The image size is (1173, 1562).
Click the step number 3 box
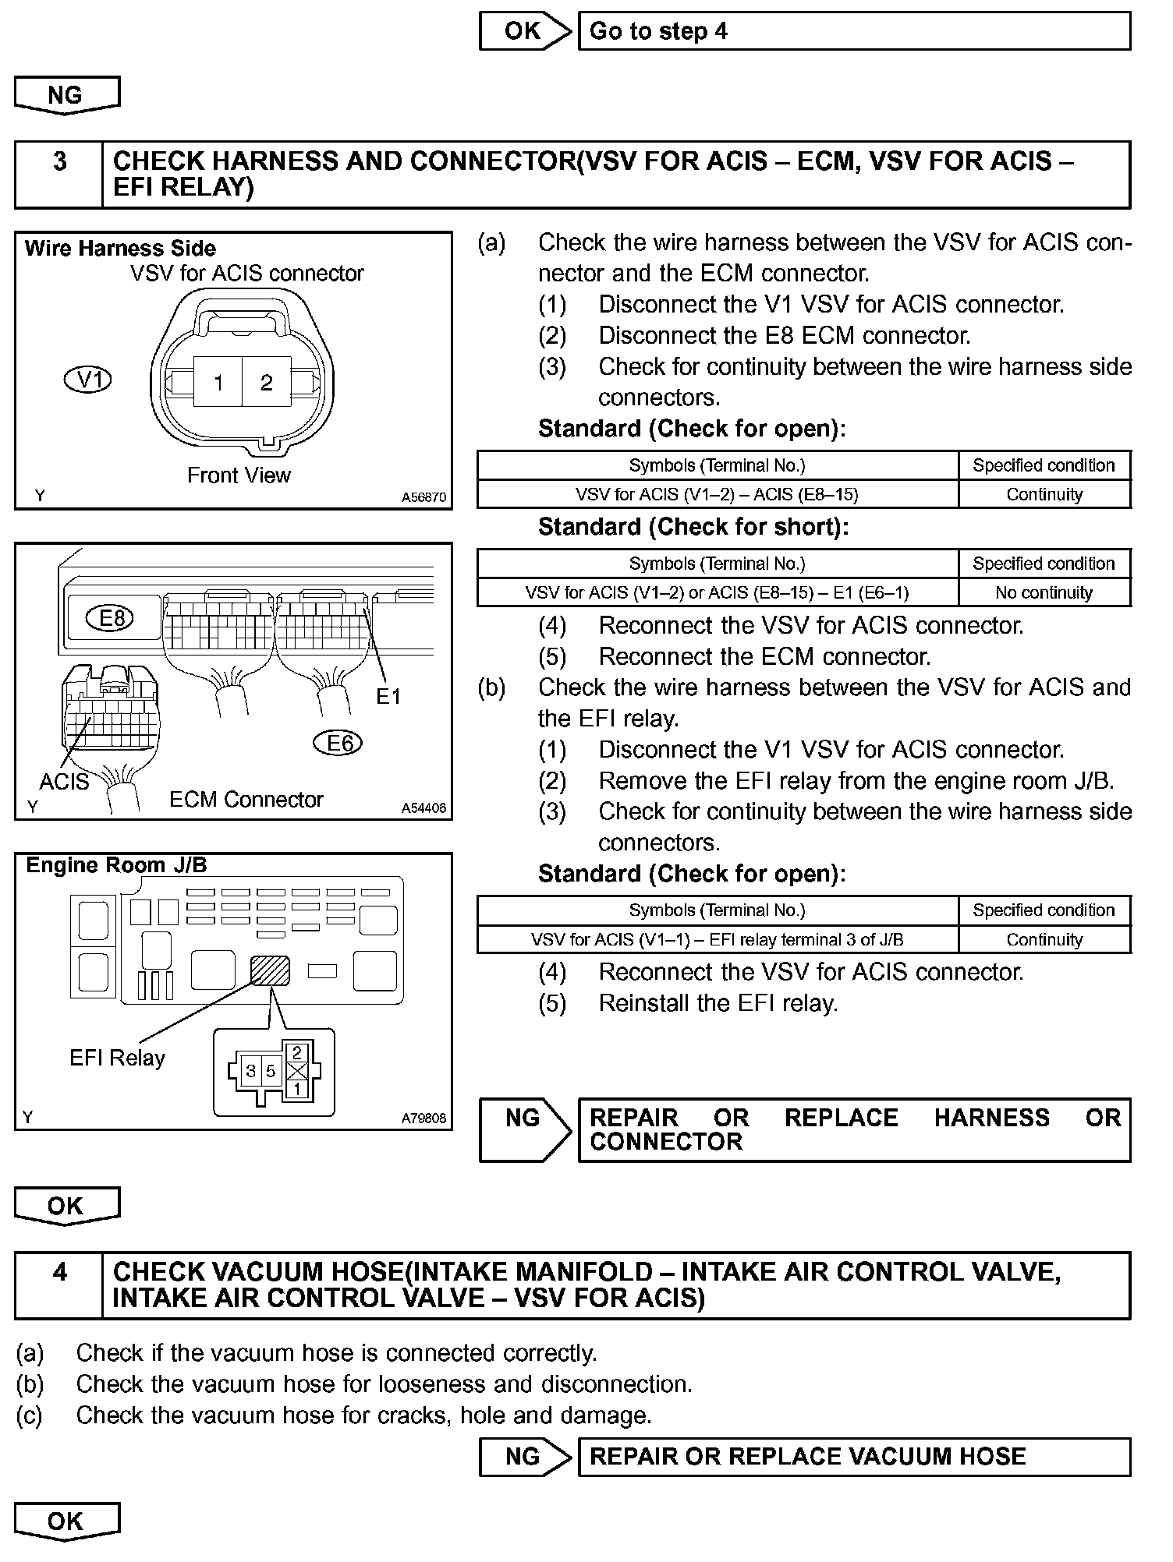pos(59,175)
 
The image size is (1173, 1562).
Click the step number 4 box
pos(59,1285)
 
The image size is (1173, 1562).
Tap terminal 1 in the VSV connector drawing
pos(218,382)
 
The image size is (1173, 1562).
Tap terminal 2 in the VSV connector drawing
pos(267,382)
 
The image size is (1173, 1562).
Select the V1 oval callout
pos(87,380)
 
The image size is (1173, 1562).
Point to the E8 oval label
pos(112,618)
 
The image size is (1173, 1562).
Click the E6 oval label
pos(339,743)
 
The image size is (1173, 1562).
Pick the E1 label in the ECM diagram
pos(388,696)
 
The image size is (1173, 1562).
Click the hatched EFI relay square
pos(270,970)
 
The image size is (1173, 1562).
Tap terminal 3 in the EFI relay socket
pos(251,1070)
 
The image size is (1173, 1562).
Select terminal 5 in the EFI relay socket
pos(270,1070)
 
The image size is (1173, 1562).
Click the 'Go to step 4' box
pos(853,31)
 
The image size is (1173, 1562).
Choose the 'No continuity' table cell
pos(1044,592)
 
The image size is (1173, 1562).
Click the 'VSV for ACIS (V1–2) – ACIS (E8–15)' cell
pos(717,494)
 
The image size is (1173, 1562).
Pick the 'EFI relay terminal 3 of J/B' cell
pos(717,939)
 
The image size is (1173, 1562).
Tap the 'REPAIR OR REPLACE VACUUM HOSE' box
pos(853,1457)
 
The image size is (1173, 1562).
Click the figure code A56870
pos(424,497)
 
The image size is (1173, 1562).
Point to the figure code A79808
pos(424,1118)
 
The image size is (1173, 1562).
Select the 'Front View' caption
pos(239,475)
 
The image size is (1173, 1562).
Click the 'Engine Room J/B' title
pos(116,865)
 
